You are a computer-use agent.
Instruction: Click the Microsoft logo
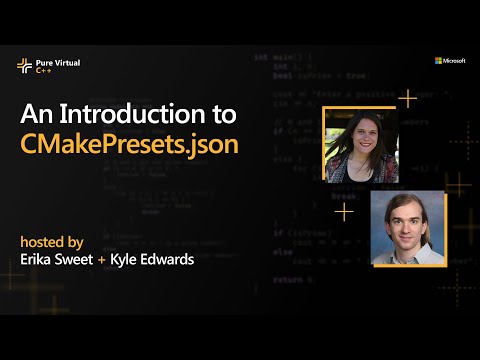tap(449, 60)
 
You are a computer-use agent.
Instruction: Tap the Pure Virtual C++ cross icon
tap(24, 65)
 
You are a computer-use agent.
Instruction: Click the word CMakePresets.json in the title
tap(129, 143)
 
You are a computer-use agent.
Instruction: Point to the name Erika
tap(41, 260)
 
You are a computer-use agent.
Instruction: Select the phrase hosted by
tap(51, 241)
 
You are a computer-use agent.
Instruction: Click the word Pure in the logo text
tap(46, 62)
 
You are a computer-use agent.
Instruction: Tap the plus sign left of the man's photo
tap(343, 212)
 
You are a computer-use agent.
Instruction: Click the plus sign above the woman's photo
tap(407, 98)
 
